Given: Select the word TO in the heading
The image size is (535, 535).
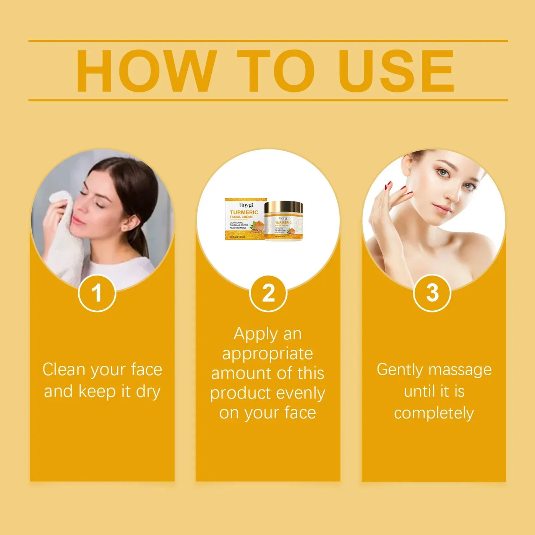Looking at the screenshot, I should tap(276, 71).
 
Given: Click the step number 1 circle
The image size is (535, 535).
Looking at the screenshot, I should tap(97, 293).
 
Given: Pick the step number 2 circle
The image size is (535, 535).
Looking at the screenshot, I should tap(268, 293).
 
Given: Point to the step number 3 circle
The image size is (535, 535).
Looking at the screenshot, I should tap(432, 293).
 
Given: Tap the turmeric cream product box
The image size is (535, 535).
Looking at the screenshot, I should tap(245, 219).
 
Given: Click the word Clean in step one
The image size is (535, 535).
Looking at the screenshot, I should tap(64, 370).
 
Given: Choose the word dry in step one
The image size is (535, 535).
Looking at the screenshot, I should tap(148, 392).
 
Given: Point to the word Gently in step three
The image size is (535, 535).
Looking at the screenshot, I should tap(400, 370).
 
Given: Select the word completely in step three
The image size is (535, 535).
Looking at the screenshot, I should tap(434, 413).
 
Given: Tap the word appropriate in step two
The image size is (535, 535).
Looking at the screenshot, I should tap(267, 354).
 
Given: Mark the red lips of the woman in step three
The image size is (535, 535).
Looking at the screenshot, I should tap(442, 208).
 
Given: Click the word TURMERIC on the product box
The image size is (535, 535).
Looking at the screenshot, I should tap(244, 212).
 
